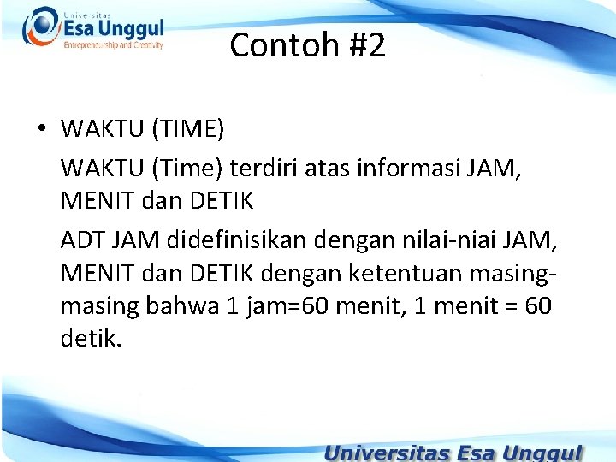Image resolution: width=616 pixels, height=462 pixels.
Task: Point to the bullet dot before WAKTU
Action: point(40,130)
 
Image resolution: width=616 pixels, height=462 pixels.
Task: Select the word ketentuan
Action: point(420,274)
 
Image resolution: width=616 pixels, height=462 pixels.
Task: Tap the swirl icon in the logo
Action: point(39,26)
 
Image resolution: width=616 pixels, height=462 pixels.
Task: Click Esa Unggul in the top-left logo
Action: point(113,30)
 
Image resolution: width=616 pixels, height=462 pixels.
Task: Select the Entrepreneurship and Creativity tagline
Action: point(113,45)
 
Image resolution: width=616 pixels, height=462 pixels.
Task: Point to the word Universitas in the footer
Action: point(389,452)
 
